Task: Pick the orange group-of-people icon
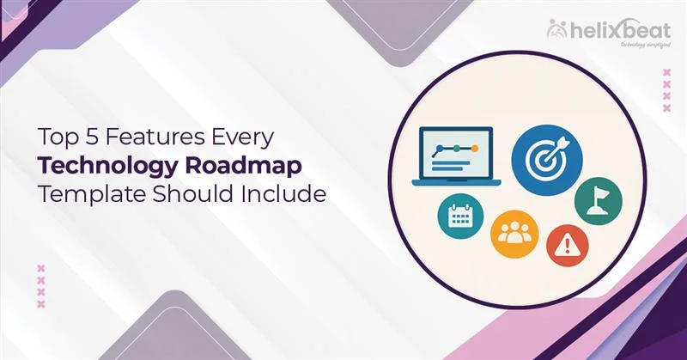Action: point(514,233)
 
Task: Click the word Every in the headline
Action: point(228,136)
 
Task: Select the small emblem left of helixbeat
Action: point(556,30)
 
